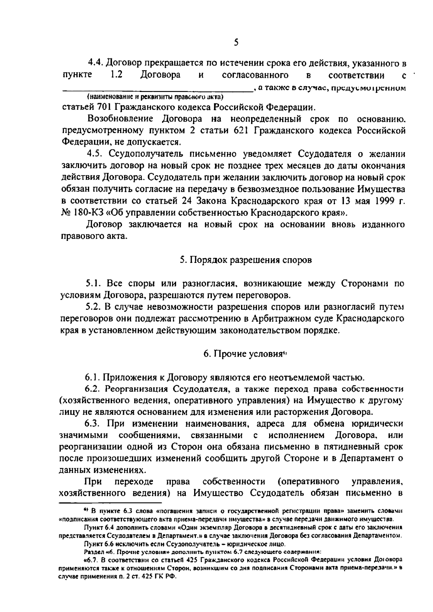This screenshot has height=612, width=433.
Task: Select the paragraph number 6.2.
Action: point(93,389)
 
